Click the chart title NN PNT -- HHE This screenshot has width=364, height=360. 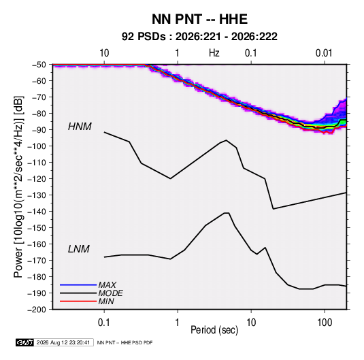(x=199, y=19)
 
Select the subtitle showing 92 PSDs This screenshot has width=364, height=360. (x=199, y=37)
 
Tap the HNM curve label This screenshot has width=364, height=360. (x=80, y=127)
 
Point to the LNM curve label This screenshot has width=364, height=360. (x=79, y=249)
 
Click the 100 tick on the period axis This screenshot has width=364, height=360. (x=325, y=323)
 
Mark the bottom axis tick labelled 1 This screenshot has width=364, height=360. (x=177, y=323)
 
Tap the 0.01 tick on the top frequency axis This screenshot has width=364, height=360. (x=324, y=53)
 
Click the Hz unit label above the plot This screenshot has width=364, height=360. (x=214, y=53)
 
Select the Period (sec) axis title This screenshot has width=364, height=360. (x=214, y=330)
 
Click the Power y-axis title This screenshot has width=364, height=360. (x=18, y=186)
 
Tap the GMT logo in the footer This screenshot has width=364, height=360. (x=24, y=342)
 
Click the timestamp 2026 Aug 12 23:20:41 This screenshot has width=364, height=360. (x=63, y=342)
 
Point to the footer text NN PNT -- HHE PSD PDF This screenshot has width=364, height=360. (x=125, y=342)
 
